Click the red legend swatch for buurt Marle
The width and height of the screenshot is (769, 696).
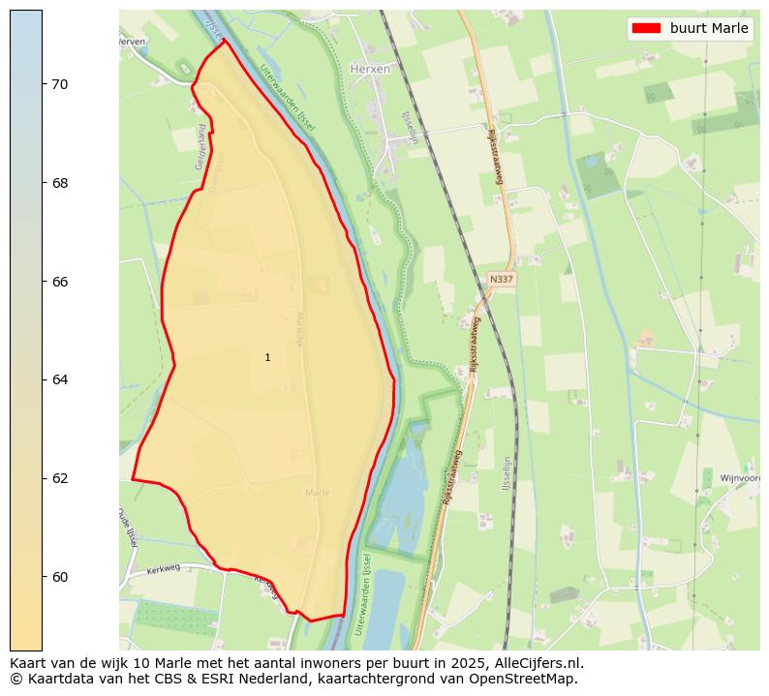click(646, 28)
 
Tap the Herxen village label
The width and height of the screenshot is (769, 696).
click(370, 69)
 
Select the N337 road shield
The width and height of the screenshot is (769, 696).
click(501, 279)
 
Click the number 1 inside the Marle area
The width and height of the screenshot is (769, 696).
click(267, 358)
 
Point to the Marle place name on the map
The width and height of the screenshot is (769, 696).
click(317, 493)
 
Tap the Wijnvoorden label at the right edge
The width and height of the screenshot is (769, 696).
click(741, 478)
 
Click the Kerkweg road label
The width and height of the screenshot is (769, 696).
click(164, 570)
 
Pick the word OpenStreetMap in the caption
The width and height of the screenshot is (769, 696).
click(529, 679)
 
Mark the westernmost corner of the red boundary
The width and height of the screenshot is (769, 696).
click(133, 479)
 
